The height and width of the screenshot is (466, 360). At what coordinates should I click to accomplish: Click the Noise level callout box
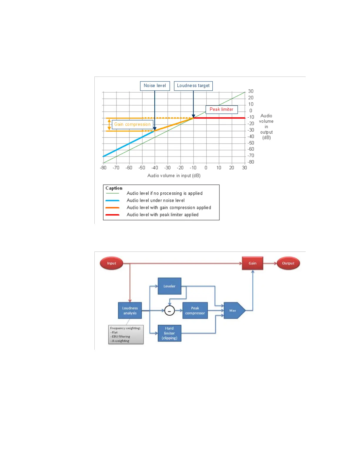155,86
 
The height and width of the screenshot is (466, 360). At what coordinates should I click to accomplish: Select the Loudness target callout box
193,86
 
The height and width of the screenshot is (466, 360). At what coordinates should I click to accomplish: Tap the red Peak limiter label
221,109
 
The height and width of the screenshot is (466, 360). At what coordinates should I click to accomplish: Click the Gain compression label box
132,124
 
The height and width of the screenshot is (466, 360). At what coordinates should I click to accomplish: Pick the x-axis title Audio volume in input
174,176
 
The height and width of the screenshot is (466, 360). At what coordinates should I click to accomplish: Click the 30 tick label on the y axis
251,91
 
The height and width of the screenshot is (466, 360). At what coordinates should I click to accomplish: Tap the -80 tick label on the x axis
103,168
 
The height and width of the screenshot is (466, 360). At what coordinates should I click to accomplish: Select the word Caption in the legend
114,188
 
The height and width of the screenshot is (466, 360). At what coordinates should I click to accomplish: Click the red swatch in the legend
112,215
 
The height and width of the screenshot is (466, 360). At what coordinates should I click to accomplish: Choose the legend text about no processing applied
164,193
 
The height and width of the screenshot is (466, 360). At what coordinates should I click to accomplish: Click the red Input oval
111,263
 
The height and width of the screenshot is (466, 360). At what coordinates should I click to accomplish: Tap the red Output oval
288,263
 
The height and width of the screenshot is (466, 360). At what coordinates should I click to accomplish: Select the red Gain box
252,263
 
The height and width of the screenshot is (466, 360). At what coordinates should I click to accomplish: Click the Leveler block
169,286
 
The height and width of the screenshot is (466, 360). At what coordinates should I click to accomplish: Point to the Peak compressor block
195,311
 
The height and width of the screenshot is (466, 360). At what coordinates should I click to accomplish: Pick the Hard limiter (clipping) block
169,333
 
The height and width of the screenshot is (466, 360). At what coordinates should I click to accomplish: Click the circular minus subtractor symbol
169,311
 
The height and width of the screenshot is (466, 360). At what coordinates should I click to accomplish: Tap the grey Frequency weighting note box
126,334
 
